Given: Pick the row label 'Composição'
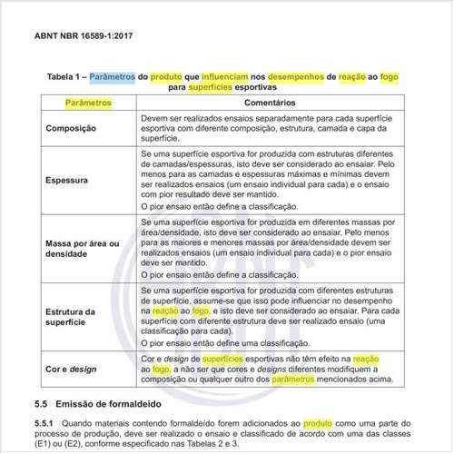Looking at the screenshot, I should pos(71,129).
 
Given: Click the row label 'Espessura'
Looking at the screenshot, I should pos(68,181).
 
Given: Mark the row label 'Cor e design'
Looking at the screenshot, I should pos(73,370).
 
